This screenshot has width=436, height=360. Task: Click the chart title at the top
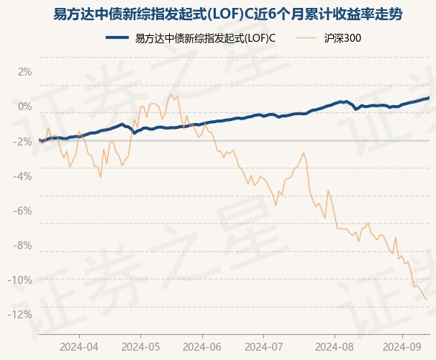point(217,14)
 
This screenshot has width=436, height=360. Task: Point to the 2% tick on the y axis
point(24,72)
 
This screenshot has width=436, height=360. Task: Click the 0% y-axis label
point(24,107)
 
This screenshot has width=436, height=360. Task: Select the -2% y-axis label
point(23,141)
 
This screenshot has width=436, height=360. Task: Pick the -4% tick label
point(23,176)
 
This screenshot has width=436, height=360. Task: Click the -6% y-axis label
point(23,210)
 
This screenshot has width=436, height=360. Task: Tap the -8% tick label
point(23,245)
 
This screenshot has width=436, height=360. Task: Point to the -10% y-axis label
point(21,279)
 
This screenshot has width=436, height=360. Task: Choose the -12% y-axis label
point(21,314)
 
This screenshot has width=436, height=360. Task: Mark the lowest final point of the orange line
point(427,300)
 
